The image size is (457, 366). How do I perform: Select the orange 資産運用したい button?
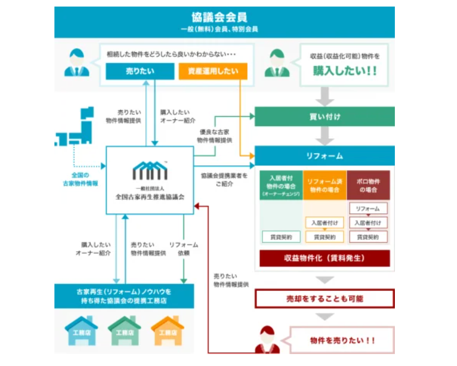(x=213, y=71)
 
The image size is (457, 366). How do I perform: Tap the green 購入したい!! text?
(x=345, y=71)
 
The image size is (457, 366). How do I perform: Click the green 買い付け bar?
(x=324, y=117)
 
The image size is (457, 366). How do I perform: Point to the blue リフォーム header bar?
(x=324, y=156)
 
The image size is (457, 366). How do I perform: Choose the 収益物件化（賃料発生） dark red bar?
(x=324, y=258)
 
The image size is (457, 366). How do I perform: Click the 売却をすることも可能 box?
(x=324, y=298)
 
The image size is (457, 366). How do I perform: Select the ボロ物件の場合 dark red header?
(x=368, y=185)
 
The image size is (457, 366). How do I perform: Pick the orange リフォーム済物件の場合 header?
(x=324, y=185)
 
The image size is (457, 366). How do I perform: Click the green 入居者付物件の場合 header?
(x=281, y=185)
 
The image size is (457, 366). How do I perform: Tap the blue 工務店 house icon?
(x=81, y=331)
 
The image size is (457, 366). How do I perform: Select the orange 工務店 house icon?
(x=168, y=331)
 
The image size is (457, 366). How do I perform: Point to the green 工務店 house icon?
(x=124, y=331)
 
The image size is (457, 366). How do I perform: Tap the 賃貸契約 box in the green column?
(x=281, y=237)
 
